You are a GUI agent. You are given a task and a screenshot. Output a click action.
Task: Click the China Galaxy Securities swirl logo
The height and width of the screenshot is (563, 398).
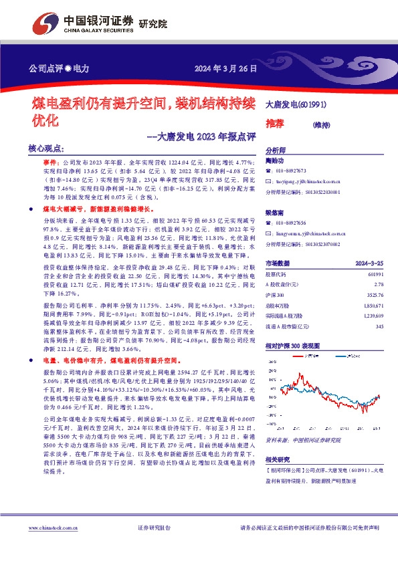point(45,24)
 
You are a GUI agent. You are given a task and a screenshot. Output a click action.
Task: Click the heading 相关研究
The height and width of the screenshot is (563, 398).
point(278,459)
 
